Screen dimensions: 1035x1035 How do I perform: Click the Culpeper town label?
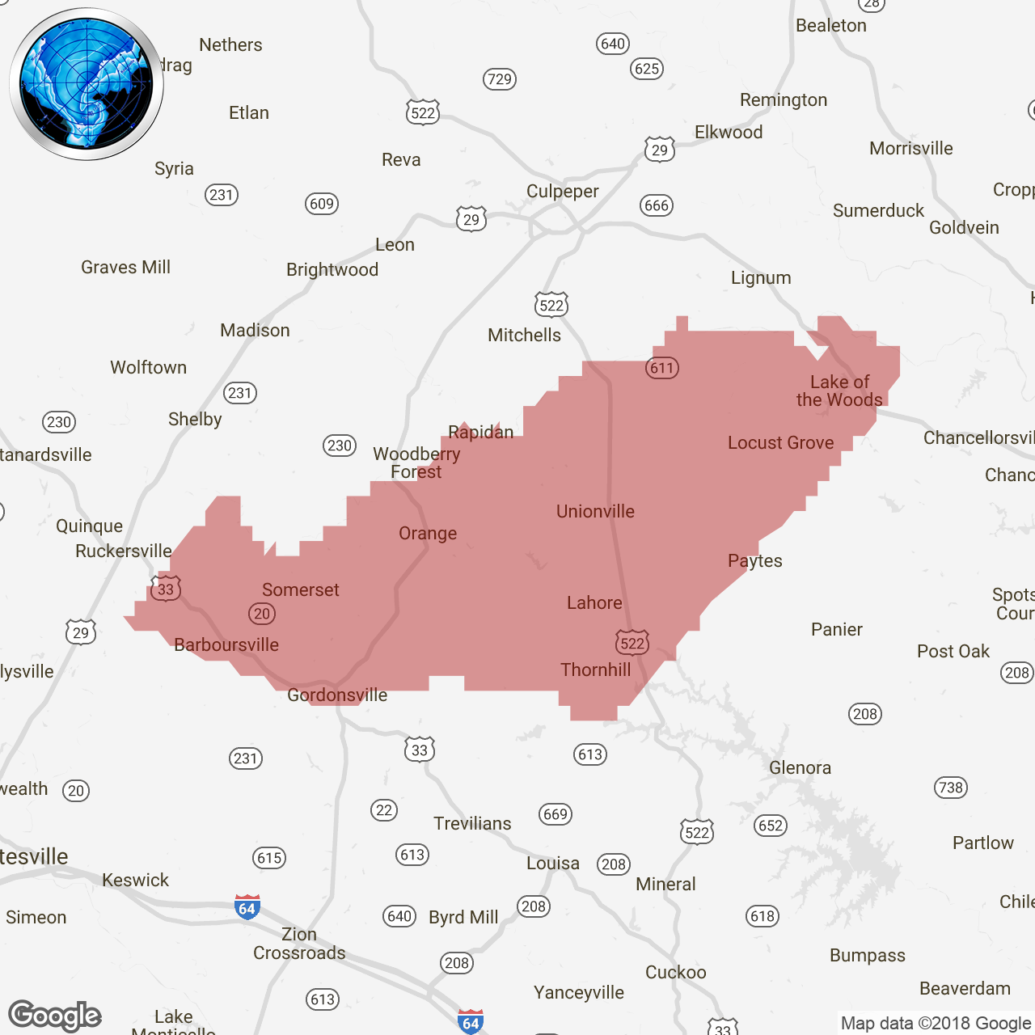click(x=562, y=192)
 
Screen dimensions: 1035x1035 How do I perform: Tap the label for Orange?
click(x=428, y=534)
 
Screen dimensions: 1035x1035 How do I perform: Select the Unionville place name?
click(x=595, y=512)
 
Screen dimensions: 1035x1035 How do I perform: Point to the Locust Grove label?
click(x=780, y=443)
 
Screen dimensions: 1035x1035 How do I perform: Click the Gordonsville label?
click(x=337, y=695)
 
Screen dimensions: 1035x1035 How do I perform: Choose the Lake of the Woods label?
click(x=839, y=391)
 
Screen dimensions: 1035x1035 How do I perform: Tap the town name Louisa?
click(x=553, y=864)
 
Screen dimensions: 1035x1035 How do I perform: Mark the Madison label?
click(x=255, y=331)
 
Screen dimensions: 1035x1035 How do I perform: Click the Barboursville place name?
click(x=226, y=645)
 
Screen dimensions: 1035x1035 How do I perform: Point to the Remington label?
click(x=784, y=100)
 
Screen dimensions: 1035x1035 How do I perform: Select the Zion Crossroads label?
click(x=299, y=944)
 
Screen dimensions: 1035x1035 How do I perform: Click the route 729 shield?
click(x=500, y=79)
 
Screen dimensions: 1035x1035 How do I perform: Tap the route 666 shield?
click(x=656, y=205)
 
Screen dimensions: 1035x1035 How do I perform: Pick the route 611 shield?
click(x=662, y=368)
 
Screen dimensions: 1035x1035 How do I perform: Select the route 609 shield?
click(x=322, y=204)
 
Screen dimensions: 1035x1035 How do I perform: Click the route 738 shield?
click(x=951, y=788)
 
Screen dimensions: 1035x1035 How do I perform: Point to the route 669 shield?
click(x=556, y=814)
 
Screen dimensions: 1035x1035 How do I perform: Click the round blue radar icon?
click(x=87, y=84)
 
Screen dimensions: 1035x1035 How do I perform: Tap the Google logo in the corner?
click(x=55, y=1016)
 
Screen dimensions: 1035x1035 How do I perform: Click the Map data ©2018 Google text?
click(x=936, y=1024)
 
